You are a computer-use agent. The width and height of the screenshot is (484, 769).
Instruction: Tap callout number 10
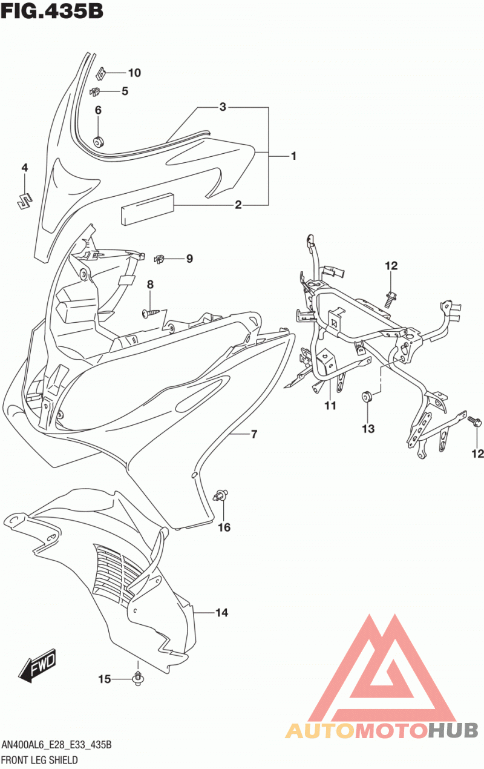[x=134, y=73]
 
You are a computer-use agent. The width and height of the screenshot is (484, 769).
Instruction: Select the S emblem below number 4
[x=25, y=200]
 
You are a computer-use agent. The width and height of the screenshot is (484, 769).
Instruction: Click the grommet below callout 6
[x=99, y=140]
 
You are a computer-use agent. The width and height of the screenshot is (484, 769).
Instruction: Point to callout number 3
[x=223, y=107]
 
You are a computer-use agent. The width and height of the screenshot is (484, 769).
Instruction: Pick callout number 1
[x=293, y=156]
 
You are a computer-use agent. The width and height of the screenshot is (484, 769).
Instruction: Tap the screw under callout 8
[x=151, y=312]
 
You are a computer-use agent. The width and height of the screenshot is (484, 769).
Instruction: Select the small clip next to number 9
[x=159, y=259]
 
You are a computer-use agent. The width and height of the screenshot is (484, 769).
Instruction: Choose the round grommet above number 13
[x=368, y=396]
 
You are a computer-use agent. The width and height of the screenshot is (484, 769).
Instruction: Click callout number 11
[x=330, y=406]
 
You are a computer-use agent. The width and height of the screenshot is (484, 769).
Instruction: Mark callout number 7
[x=254, y=434]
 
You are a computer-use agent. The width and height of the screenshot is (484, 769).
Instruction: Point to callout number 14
[x=221, y=612]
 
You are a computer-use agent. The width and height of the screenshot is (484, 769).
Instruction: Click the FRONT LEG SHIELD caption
[x=39, y=759]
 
